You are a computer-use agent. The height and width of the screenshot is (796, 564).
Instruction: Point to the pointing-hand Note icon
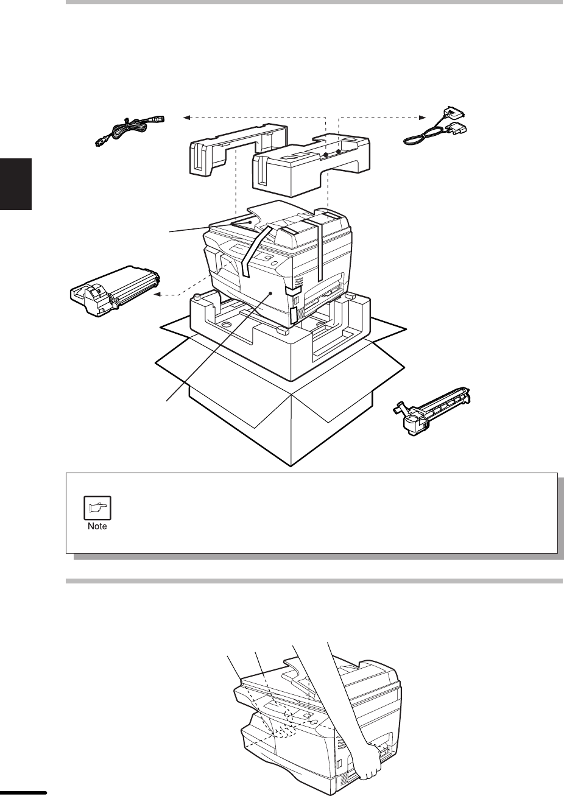97,508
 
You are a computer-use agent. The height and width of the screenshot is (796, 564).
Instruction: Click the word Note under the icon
97,527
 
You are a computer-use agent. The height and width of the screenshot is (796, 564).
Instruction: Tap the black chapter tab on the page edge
16,184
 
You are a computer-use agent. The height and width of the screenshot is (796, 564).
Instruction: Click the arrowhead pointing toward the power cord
186,118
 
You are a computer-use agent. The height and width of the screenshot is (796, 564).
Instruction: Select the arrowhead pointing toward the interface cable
422,118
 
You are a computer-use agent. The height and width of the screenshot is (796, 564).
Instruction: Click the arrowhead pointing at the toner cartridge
157,294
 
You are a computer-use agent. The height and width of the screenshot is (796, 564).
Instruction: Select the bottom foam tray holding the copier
281,334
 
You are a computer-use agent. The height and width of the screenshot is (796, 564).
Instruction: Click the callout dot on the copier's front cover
271,293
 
